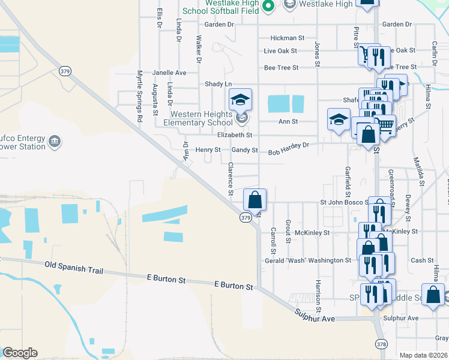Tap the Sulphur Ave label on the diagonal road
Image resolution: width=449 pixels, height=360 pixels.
point(314,315)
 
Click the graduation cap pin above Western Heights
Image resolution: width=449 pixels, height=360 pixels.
point(240,100)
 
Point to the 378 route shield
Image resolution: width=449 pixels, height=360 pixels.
point(382,344)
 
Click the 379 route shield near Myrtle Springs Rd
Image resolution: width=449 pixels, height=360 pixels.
point(65,71)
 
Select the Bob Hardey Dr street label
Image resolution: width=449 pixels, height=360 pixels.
point(288,145)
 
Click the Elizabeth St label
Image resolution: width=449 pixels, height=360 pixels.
point(235,136)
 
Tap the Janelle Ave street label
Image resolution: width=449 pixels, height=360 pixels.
point(169,73)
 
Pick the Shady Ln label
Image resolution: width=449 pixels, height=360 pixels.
point(218,84)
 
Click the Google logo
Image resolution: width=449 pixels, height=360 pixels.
point(20,352)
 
